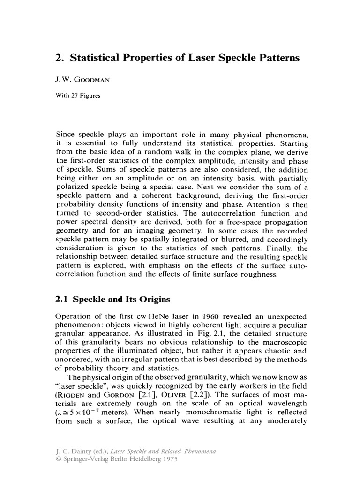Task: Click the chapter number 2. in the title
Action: [60, 59]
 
